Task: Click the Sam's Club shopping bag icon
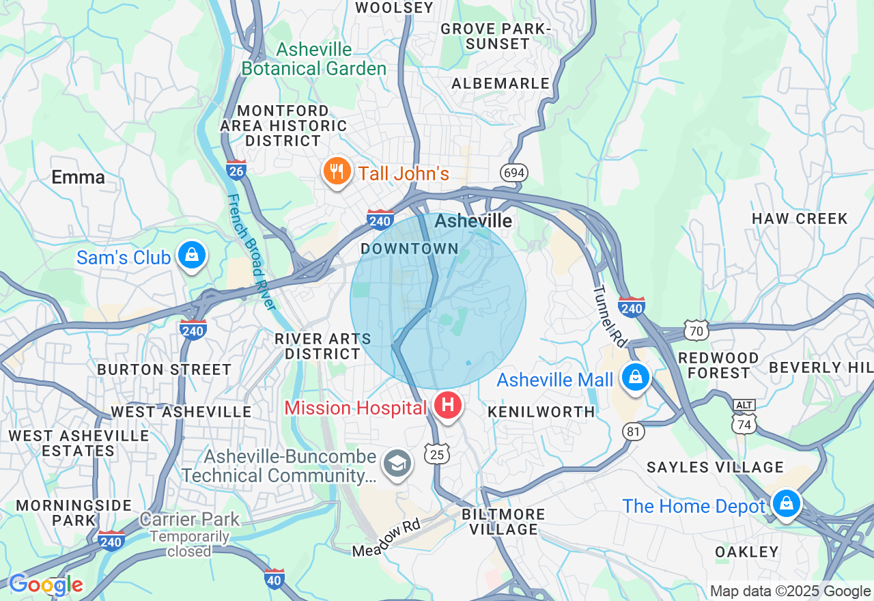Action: click(x=192, y=255)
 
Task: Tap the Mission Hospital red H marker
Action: click(x=448, y=406)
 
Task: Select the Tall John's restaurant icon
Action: click(x=336, y=171)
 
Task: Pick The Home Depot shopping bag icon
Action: click(x=786, y=503)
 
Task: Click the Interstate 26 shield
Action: click(x=236, y=169)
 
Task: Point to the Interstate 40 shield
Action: click(x=274, y=578)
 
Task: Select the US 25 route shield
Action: click(x=436, y=453)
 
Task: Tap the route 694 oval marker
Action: click(x=513, y=173)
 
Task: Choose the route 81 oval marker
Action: click(x=634, y=431)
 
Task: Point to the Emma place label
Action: click(x=79, y=178)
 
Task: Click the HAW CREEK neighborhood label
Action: click(x=800, y=219)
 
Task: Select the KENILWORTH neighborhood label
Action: click(x=541, y=412)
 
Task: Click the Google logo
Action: click(x=46, y=585)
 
